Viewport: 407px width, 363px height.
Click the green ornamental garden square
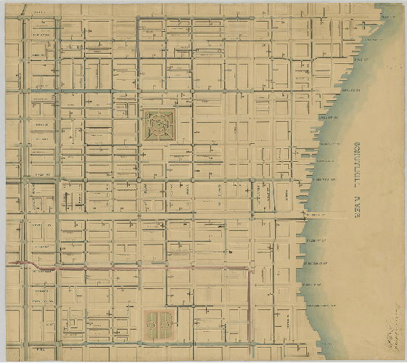tap(159, 125)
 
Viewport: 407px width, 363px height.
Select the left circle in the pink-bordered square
tap(152, 323)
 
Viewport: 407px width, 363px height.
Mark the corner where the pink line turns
tap(250, 269)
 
